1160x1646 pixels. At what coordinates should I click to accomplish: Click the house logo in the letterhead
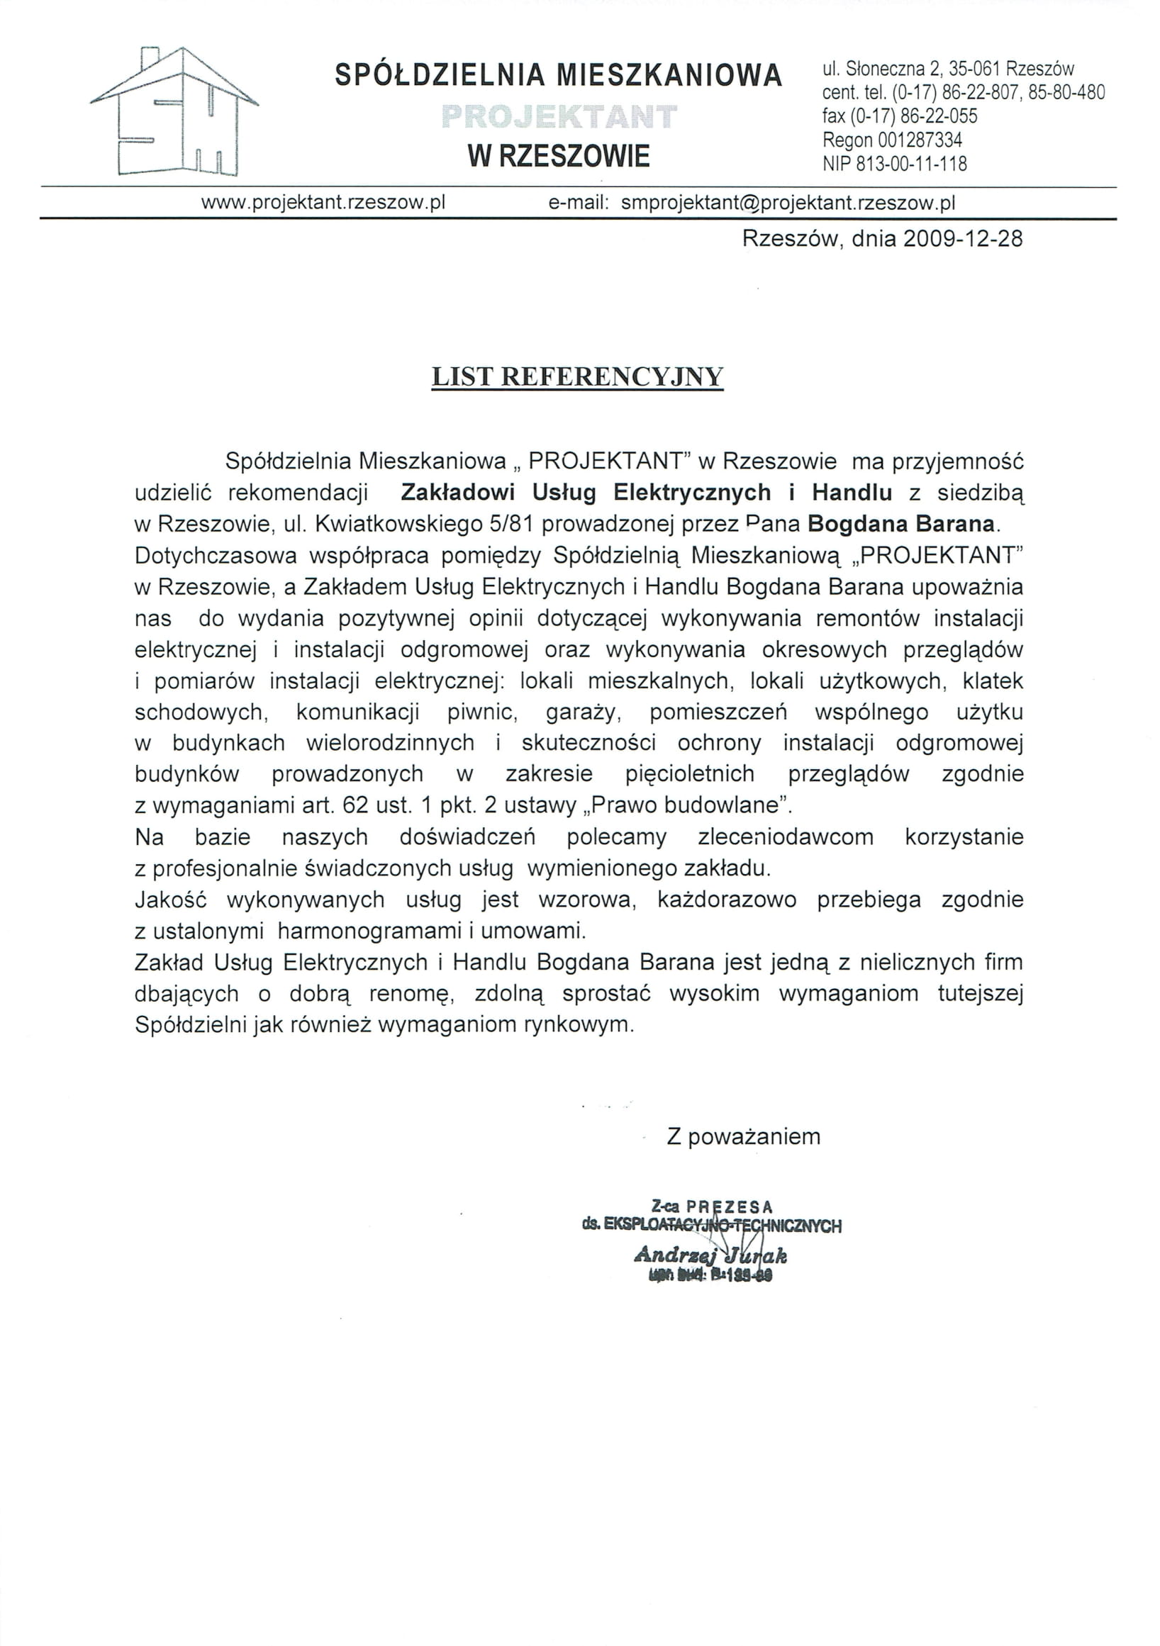(x=174, y=113)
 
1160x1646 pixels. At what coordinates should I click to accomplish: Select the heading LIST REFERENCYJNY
(x=577, y=377)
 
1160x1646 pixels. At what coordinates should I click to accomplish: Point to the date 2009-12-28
(x=962, y=239)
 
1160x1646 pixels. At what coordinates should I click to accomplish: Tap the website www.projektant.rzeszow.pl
(x=323, y=203)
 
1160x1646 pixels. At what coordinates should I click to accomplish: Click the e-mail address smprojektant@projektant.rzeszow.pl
(x=788, y=203)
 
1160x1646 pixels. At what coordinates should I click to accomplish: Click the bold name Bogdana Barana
(x=901, y=524)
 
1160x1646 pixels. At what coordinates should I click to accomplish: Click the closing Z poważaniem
(x=744, y=1136)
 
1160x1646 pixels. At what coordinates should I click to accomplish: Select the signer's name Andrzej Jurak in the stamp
(x=710, y=1255)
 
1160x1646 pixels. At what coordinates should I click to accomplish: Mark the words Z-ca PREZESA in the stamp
(x=712, y=1206)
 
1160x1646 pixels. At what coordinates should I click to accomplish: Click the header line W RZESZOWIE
(x=559, y=155)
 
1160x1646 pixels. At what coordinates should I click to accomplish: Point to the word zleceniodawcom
(x=786, y=836)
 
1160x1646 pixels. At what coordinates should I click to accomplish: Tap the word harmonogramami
(x=370, y=931)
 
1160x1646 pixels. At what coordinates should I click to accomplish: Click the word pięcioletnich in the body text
(x=690, y=773)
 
